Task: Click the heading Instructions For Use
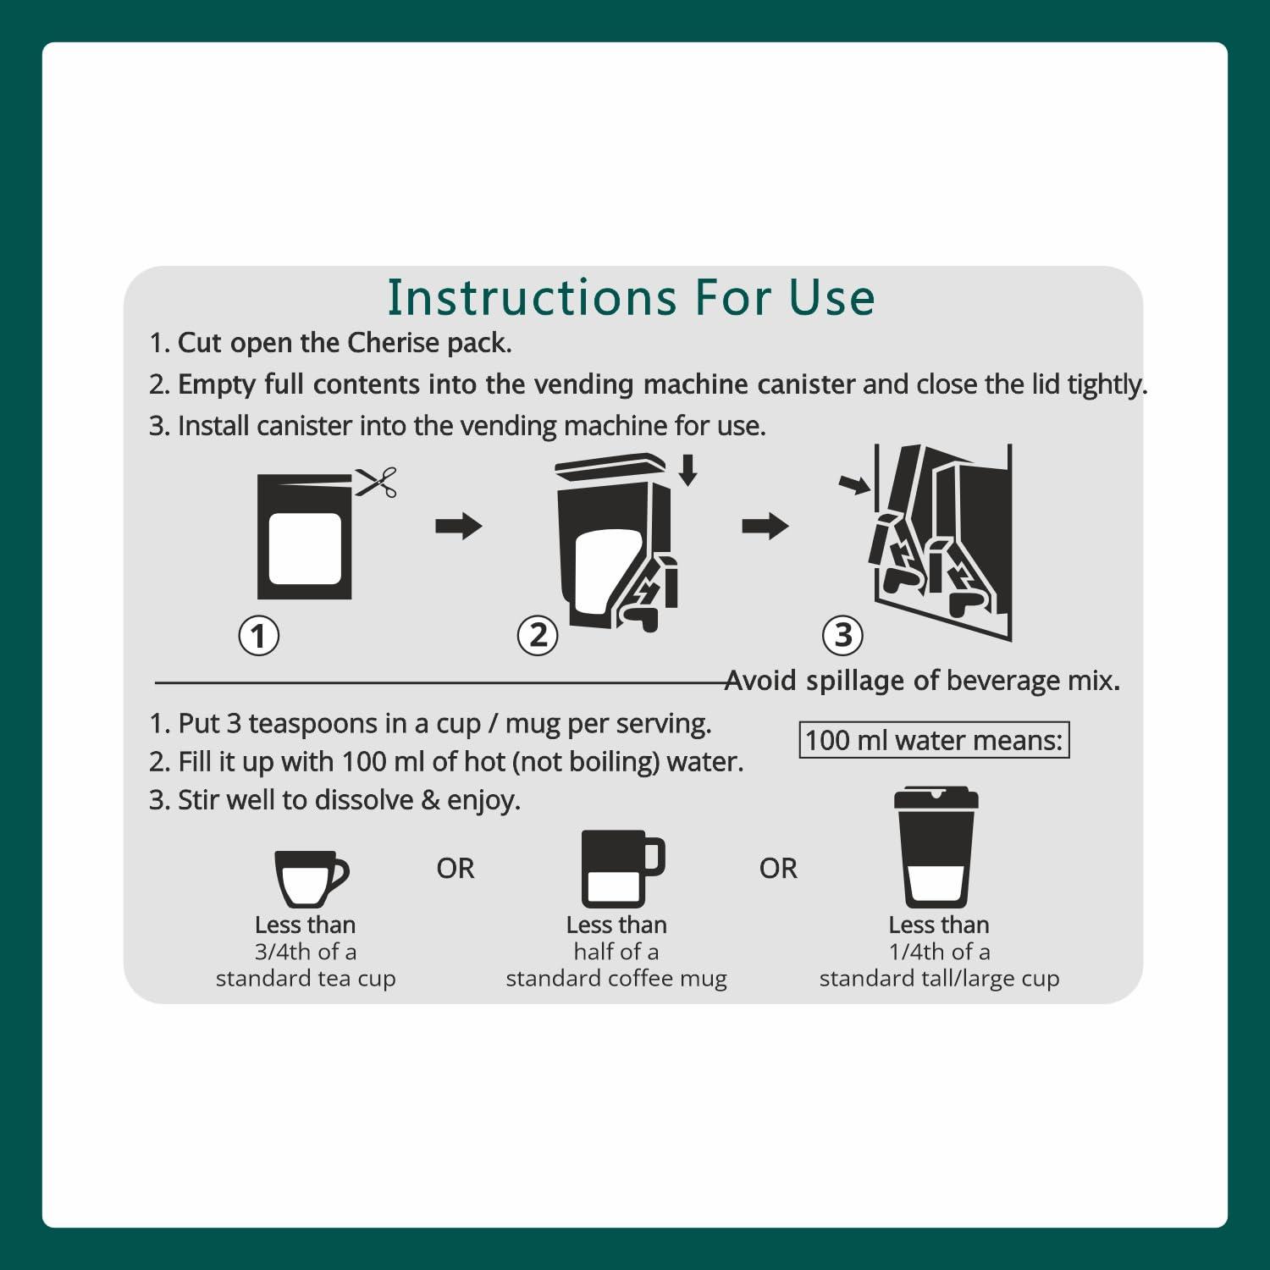631,297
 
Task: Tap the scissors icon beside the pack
376,483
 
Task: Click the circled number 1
259,635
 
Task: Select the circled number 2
538,635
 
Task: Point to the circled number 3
843,635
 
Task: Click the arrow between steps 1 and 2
459,526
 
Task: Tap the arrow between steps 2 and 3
765,526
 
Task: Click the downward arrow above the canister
688,470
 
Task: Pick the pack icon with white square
305,537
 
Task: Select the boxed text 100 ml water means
935,740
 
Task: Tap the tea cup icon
311,879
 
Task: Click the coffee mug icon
623,869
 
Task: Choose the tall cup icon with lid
936,848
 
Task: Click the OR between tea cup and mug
456,869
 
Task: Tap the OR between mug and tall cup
778,869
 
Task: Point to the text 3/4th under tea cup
283,952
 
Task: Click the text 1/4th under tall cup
917,952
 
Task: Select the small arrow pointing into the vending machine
855,484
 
